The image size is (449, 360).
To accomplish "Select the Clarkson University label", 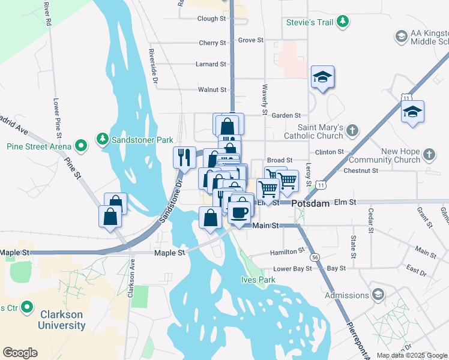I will coord(62,320).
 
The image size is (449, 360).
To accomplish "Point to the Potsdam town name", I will coord(311,203).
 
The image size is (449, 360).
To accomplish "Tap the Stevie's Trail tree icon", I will coord(343,22).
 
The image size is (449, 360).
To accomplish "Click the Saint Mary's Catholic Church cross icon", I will coord(352,130).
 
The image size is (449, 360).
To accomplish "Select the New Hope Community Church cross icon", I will coord(429,154).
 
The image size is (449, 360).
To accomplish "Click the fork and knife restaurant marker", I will coord(184,157).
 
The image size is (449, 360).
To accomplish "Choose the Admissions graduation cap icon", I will coord(378,295).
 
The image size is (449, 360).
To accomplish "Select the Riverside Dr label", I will coord(154,66).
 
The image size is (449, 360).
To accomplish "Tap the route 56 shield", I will coord(315,257).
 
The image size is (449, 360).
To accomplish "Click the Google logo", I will coord(20,352).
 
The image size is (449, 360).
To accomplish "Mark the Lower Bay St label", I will coord(292,269).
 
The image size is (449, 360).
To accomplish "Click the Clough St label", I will coord(211,19).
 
